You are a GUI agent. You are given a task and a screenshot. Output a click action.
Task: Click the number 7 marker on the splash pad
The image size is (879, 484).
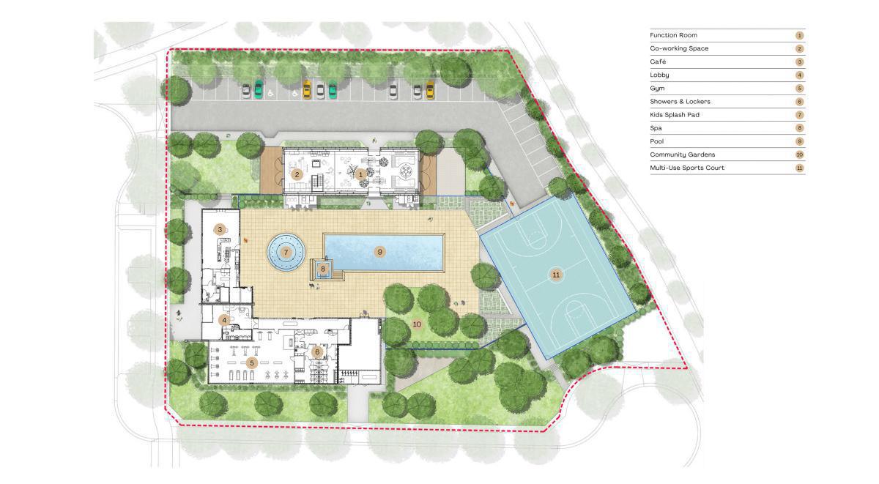click(x=286, y=252)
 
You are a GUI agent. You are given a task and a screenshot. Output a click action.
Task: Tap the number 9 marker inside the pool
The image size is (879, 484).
click(x=379, y=252)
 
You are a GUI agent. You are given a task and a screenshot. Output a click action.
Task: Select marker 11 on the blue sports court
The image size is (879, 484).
click(x=556, y=275)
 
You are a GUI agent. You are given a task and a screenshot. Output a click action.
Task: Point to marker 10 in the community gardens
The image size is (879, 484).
click(x=417, y=324)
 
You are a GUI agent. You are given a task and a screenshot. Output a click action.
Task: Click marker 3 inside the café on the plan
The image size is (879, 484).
click(x=220, y=229)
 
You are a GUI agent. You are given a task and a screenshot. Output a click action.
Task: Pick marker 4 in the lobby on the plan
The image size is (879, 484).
click(x=224, y=320)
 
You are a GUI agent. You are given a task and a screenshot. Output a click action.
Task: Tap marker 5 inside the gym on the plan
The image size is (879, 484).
click(x=252, y=363)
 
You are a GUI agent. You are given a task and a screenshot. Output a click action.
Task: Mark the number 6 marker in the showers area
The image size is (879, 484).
click(x=317, y=352)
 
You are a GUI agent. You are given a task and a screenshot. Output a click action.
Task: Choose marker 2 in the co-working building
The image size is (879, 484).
click(x=297, y=174)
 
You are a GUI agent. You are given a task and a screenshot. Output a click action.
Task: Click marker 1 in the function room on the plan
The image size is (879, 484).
click(x=360, y=174)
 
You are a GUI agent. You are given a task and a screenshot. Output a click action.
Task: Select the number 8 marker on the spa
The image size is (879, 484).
click(x=323, y=269)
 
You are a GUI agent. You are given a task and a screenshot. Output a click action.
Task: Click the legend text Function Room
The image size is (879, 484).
click(x=673, y=35)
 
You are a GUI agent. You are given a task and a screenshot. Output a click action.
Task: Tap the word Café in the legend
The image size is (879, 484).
click(x=658, y=62)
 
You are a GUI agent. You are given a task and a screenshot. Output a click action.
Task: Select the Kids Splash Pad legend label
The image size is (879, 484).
click(x=675, y=115)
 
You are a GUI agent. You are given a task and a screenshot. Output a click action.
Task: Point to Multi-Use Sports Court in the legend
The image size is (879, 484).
click(x=687, y=168)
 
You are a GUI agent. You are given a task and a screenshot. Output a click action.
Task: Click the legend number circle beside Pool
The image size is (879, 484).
click(x=800, y=141)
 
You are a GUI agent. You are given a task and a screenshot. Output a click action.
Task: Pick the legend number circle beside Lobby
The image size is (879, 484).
click(x=800, y=75)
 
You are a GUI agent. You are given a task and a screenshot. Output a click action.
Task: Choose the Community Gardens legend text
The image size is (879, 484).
click(x=683, y=154)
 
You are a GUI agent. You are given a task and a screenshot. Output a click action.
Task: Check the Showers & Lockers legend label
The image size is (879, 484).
click(x=680, y=102)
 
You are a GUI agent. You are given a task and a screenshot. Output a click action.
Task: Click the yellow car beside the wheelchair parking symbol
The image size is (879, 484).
click(x=306, y=89)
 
